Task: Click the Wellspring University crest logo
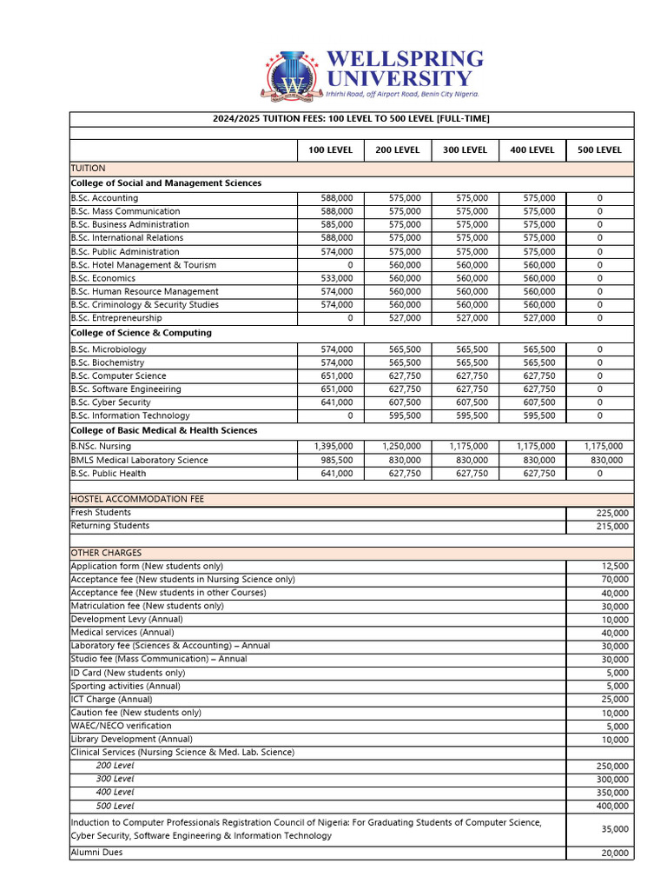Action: tap(293, 76)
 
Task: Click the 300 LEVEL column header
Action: tap(465, 149)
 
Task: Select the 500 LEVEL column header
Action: tap(599, 149)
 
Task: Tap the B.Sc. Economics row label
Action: tap(102, 278)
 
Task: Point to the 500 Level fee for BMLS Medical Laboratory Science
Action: tap(599, 460)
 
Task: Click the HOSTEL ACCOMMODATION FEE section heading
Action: tap(137, 499)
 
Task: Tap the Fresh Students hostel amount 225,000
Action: tap(612, 513)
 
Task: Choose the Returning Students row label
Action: tap(109, 526)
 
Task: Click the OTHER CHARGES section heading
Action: tap(106, 553)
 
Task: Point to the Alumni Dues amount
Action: tap(614, 853)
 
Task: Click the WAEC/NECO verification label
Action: tap(121, 726)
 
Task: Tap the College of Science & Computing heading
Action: tap(141, 333)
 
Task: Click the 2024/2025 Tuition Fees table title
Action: tap(352, 119)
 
